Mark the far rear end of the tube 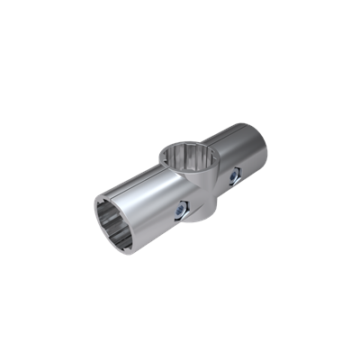click(265, 144)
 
